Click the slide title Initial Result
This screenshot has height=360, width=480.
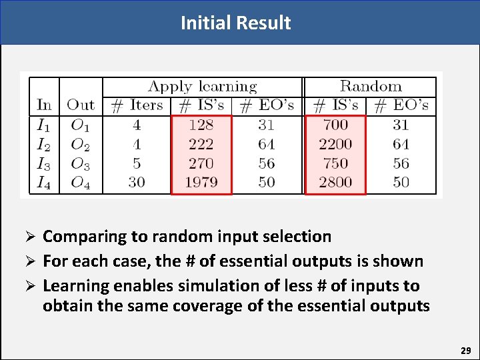pyautogui.click(x=235, y=23)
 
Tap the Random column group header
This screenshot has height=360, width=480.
pyautogui.click(x=371, y=86)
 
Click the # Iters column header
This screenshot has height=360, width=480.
pyautogui.click(x=137, y=105)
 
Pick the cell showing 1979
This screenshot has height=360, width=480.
pyautogui.click(x=201, y=182)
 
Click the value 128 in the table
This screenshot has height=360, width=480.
pyautogui.click(x=201, y=125)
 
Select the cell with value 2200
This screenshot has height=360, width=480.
pyautogui.click(x=335, y=144)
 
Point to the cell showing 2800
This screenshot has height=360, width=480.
pyautogui.click(x=335, y=182)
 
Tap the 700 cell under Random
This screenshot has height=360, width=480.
pyautogui.click(x=335, y=125)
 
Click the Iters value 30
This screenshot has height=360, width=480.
pyautogui.click(x=137, y=182)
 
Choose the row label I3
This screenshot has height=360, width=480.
pyautogui.click(x=43, y=163)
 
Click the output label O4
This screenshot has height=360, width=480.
pyautogui.click(x=80, y=183)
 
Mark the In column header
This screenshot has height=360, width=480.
pyautogui.click(x=44, y=105)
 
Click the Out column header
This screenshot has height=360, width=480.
pyautogui.click(x=81, y=105)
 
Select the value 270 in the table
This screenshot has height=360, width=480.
pyautogui.click(x=201, y=163)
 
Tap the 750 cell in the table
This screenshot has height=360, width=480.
pyautogui.click(x=335, y=163)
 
